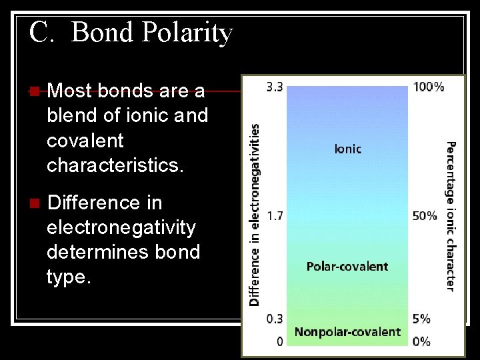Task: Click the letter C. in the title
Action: point(41,32)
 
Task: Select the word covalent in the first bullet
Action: point(85,141)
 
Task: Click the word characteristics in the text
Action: point(115,165)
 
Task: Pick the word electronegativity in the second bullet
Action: point(121,228)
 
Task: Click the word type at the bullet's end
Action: point(68,277)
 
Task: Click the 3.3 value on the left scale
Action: point(274,87)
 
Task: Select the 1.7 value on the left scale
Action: point(274,216)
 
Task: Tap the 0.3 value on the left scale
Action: point(274,319)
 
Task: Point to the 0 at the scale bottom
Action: point(279,341)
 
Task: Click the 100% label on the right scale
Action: point(429,87)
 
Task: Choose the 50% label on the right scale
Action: point(425,216)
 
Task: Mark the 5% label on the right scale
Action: point(421,319)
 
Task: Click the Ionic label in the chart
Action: point(347,149)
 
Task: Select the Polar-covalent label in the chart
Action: point(347,267)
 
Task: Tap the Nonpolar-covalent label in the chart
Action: point(347,332)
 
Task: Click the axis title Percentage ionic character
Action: point(451,215)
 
